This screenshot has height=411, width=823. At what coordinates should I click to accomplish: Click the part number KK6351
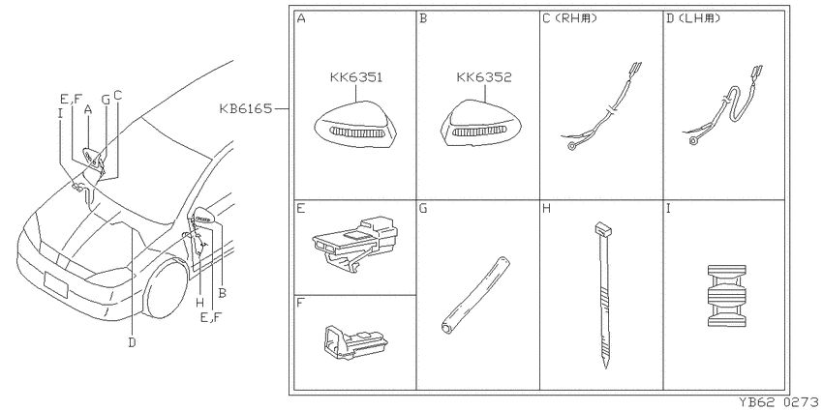[x=356, y=78]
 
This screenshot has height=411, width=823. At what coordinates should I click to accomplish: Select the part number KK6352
[x=484, y=78]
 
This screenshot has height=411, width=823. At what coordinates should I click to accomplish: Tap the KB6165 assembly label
[x=246, y=109]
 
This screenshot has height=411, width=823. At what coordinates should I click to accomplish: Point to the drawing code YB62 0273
[x=780, y=402]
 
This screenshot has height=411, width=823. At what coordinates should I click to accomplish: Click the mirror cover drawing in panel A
[x=356, y=128]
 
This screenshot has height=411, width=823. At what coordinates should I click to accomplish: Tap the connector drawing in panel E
[x=354, y=242]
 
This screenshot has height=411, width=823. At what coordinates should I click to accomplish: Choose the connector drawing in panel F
[x=354, y=343]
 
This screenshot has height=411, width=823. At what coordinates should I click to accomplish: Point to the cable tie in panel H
[x=602, y=295]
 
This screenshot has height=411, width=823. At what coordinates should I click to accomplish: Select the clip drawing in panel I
[x=726, y=296]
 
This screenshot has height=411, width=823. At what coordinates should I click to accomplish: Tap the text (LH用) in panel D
[x=700, y=19]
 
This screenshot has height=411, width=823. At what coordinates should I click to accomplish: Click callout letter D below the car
[x=132, y=342]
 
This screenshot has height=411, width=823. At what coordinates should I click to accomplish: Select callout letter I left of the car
[x=60, y=113]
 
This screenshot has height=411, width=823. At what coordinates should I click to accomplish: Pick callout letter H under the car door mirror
[x=200, y=302]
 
